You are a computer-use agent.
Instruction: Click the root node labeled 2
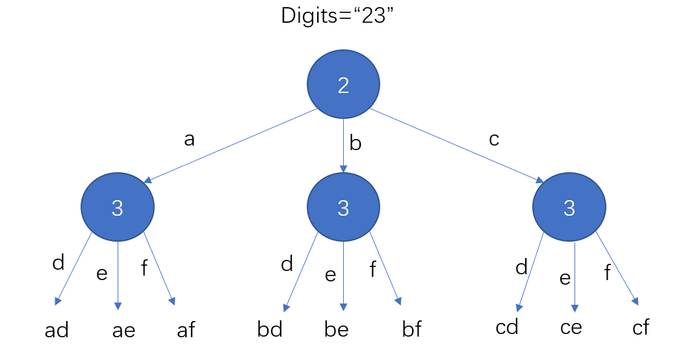[x=343, y=84]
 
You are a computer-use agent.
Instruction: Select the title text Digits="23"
[x=338, y=16]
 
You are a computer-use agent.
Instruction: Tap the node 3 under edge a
[x=118, y=208]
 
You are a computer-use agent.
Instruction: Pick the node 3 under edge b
[x=343, y=208]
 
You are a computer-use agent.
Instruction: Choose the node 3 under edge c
[x=569, y=208]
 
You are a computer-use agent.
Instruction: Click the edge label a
[x=189, y=140]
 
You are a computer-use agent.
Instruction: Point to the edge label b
[x=355, y=144]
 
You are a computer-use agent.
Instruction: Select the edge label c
[x=493, y=138]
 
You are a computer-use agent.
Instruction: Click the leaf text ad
[x=57, y=330]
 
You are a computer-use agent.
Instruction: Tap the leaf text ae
[x=123, y=330]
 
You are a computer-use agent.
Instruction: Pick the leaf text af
[x=186, y=330]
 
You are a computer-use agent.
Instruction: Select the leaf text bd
[x=270, y=329]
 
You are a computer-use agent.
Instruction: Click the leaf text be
[x=336, y=329]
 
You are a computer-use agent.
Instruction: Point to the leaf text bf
[x=412, y=329]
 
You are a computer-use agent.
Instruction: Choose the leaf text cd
[x=506, y=327]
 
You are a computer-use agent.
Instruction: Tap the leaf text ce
[x=571, y=327]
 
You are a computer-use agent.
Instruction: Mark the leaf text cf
[x=640, y=327]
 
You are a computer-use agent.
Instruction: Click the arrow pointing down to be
[x=343, y=273]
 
